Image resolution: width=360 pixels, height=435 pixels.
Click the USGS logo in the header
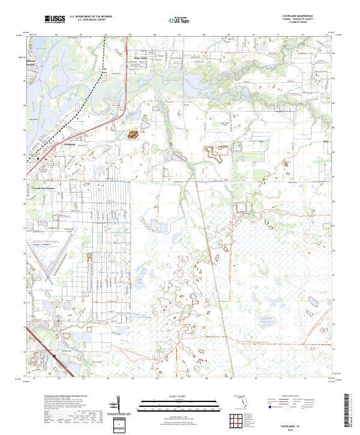click(x=55, y=19)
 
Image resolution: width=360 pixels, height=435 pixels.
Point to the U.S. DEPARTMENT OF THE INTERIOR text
click(x=91, y=16)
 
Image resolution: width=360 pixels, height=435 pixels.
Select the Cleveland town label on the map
click(x=71, y=144)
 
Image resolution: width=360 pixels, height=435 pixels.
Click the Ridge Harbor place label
click(x=139, y=58)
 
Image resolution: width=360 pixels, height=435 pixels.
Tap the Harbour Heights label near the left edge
click(x=32, y=64)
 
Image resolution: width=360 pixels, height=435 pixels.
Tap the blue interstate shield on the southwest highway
click(x=55, y=356)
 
